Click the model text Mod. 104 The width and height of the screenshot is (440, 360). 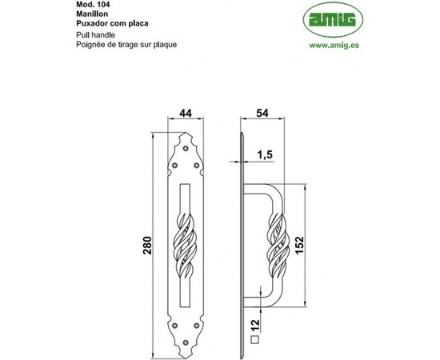click(x=82, y=4)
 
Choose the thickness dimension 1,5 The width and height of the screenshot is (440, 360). click(x=265, y=153)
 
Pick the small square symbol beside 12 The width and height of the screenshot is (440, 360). click(x=254, y=339)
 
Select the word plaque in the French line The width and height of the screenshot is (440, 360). click(x=161, y=45)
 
